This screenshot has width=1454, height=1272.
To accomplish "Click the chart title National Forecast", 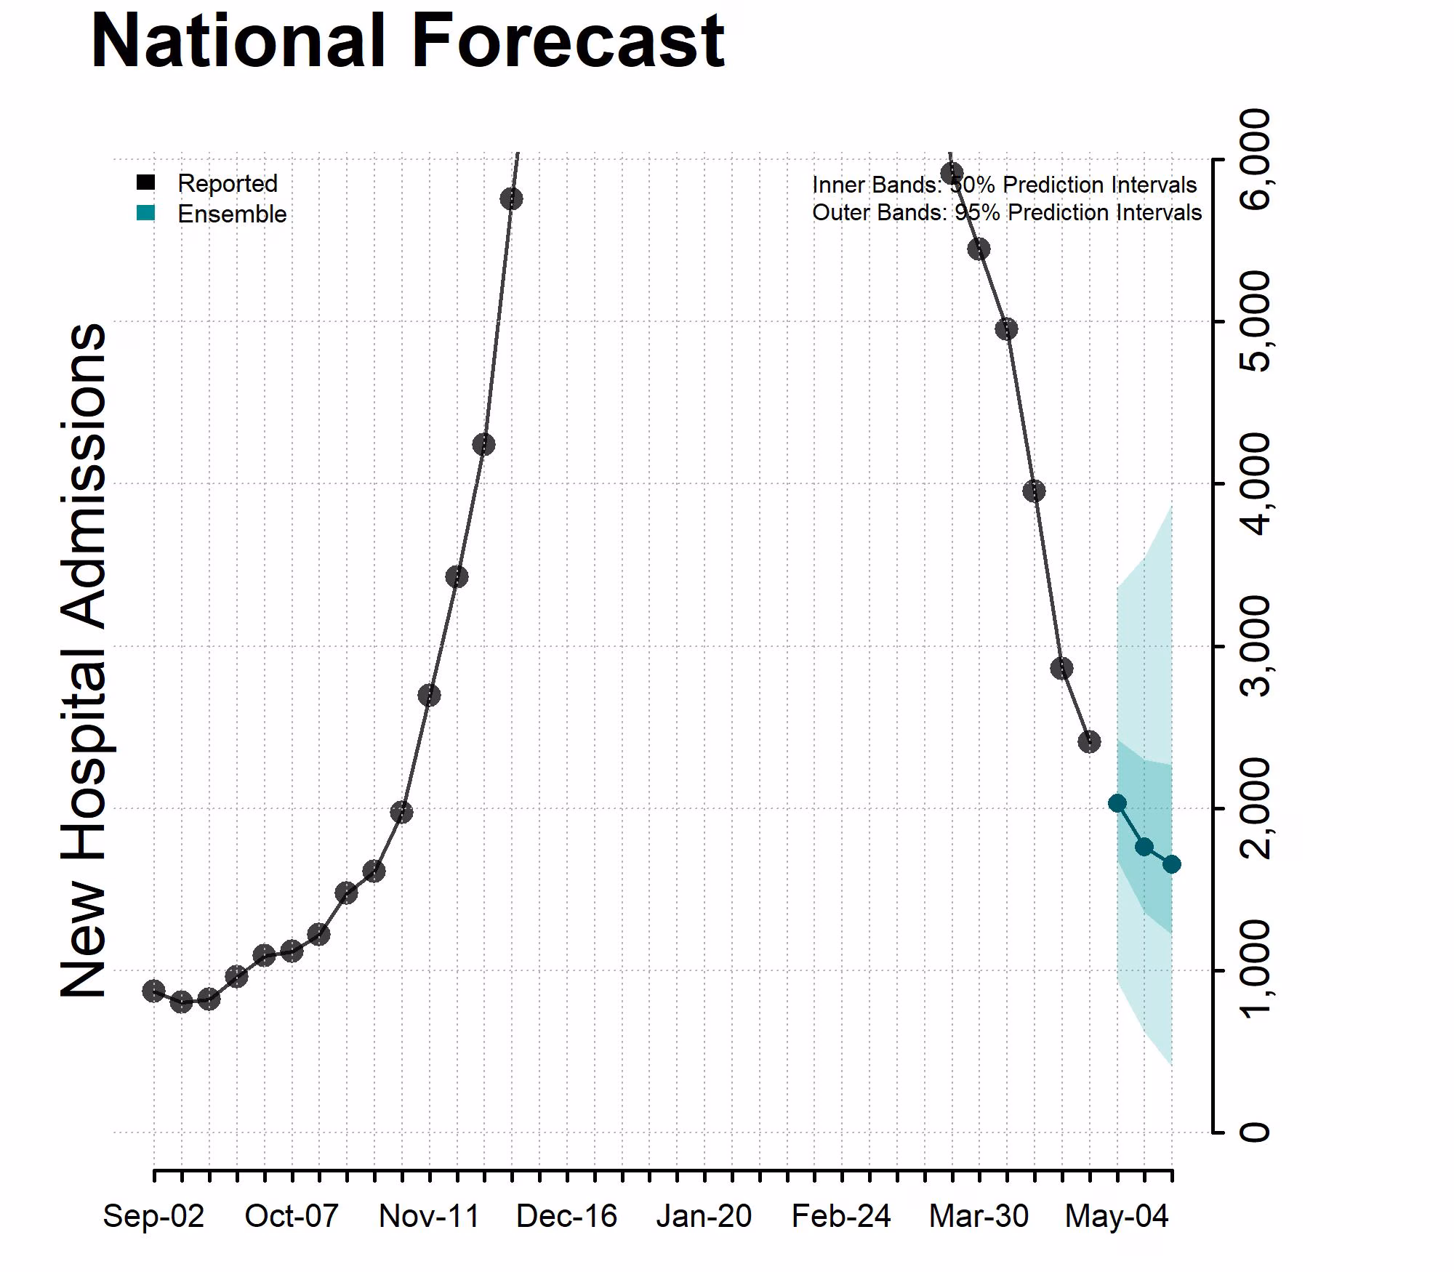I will coord(407,41).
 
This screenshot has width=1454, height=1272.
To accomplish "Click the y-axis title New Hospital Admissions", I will coord(84,660).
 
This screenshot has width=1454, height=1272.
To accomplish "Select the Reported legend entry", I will coord(227,183).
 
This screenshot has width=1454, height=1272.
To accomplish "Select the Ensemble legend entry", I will coord(231,214).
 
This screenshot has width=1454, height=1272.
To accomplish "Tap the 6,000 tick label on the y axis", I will coord(1256,158).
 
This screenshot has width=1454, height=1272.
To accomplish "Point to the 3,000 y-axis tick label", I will coord(1256,645).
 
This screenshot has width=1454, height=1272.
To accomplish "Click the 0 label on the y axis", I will coord(1256,1132).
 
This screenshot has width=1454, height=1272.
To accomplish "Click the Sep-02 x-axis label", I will coord(153,1216).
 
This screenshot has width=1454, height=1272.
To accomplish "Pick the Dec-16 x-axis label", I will coord(566,1216).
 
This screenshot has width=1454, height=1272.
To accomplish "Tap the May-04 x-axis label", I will coord(1117,1216).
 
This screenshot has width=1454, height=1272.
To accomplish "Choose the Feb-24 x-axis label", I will coord(841,1216).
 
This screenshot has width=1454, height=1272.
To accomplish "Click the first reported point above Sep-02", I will coord(153,991).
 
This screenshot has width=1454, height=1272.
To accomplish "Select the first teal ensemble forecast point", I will coord(1117,803).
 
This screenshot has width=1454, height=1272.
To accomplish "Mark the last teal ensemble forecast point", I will coord(1171,864).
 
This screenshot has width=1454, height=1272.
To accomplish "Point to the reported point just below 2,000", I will coord(401,812).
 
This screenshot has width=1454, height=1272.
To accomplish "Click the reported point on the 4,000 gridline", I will coord(1034,491).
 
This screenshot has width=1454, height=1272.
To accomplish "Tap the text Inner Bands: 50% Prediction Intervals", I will coord(1004,185).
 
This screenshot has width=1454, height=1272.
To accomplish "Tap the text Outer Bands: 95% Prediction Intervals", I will coord(1007,213).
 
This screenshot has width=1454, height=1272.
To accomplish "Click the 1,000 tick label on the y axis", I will coord(1256,970).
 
